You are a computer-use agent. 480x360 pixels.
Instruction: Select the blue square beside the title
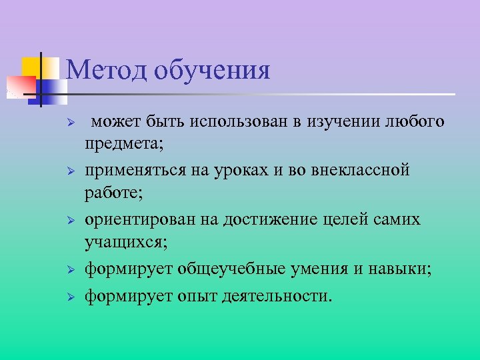click(x=53, y=87)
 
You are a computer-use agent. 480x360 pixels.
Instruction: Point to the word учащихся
click(x=122, y=241)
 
